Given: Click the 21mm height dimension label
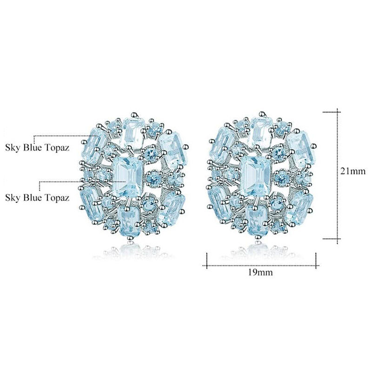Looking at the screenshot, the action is [353, 171].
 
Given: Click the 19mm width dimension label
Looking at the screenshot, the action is [260, 272].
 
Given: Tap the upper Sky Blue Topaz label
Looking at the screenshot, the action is [37, 148].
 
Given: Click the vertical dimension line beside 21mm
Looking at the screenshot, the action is [338, 176].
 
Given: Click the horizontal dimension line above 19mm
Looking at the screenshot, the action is [261, 266].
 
